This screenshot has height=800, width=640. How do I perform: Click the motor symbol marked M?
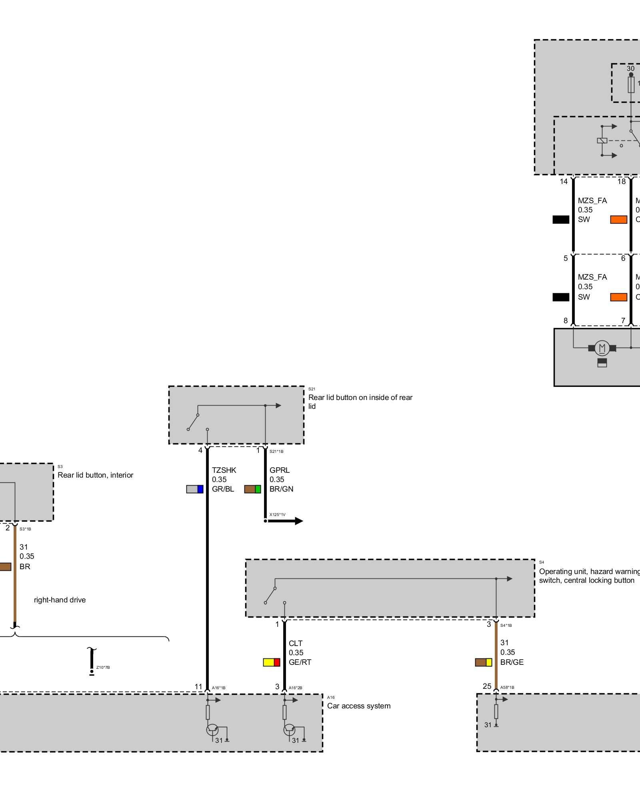tap(602, 348)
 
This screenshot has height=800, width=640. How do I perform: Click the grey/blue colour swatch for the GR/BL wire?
tap(195, 489)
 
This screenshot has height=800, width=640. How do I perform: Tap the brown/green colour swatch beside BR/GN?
tap(252, 489)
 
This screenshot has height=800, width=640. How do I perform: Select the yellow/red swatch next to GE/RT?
tap(271, 662)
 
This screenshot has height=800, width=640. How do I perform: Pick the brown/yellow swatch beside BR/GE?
tap(483, 662)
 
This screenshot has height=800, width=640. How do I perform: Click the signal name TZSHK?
tap(224, 470)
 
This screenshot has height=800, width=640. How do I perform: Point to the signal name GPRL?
tap(279, 470)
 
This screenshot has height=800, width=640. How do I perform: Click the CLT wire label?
tap(296, 643)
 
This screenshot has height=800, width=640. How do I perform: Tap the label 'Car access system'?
tap(359, 706)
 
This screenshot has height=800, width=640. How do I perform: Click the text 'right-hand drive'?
tap(60, 600)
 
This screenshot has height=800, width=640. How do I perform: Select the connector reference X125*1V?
tap(277, 514)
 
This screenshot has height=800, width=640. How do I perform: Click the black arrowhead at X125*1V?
tap(298, 521)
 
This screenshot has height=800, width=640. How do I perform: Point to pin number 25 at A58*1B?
tap(487, 686)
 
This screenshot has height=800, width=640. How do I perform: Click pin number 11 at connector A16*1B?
tap(198, 686)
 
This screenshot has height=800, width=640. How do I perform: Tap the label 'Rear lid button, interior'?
tap(95, 475)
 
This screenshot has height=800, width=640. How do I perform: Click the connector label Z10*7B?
tap(103, 667)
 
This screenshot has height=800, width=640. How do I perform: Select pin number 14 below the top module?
tap(564, 182)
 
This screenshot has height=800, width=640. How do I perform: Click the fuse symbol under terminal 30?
tap(631, 85)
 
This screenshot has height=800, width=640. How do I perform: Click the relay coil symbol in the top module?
tap(602, 140)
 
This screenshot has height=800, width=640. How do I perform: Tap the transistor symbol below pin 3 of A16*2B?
tap(289, 730)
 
